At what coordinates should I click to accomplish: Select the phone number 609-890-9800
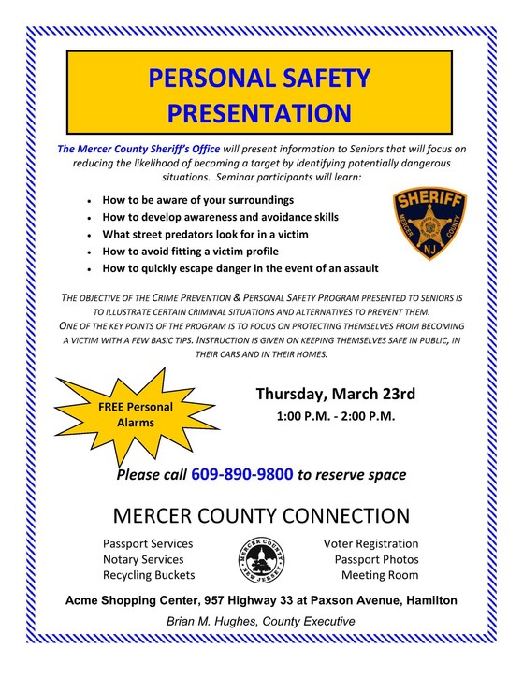pos(241,474)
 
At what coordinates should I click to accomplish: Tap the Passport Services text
pos(148,543)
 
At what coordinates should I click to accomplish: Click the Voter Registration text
pos(370,543)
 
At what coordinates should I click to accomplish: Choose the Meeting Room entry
pos(380,574)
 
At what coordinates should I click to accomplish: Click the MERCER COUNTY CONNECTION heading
pos(261,515)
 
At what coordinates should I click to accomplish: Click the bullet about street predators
pos(218,234)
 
